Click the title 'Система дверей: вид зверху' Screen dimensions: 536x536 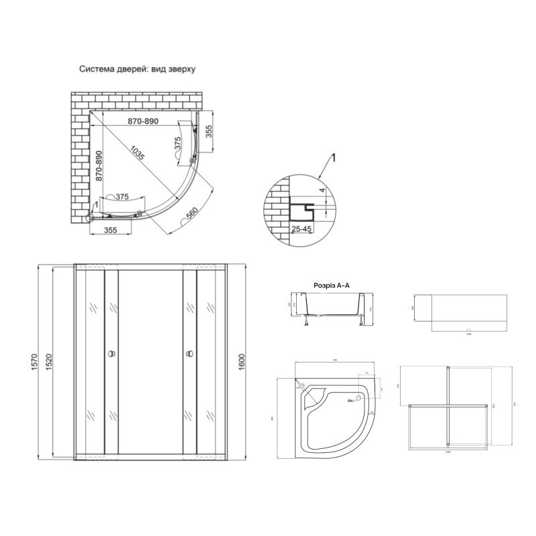(137, 69)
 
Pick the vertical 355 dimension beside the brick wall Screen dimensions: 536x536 (208, 131)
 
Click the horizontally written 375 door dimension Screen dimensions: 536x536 (122, 196)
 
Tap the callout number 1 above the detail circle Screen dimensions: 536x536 (333, 158)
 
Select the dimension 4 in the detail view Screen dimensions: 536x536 (322, 191)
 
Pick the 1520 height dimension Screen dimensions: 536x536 (58, 362)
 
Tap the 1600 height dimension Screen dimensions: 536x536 (242, 362)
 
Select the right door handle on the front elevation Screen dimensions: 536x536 (190, 352)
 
